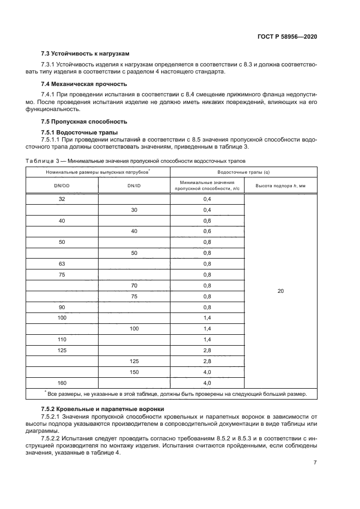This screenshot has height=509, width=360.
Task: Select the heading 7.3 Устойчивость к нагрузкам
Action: (86, 54)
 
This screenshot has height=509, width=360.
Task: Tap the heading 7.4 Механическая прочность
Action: (84, 84)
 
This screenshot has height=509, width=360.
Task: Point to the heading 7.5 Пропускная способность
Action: (84, 121)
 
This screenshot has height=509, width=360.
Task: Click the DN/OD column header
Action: (62, 186)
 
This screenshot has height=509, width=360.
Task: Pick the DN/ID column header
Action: (134, 186)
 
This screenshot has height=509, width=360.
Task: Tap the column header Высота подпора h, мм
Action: (280, 186)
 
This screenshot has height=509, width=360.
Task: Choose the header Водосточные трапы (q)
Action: (243, 172)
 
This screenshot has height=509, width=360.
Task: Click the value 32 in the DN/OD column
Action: (62, 199)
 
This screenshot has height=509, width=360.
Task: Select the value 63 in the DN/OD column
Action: (62, 264)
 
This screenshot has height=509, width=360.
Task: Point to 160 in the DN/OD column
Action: (62, 383)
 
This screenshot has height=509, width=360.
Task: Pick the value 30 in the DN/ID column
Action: (134, 210)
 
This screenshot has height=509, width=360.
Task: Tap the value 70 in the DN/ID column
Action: (134, 285)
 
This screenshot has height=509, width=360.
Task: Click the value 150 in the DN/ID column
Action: (134, 372)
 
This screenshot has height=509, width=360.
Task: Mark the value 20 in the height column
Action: (280, 291)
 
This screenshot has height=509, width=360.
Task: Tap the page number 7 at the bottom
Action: (315, 462)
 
